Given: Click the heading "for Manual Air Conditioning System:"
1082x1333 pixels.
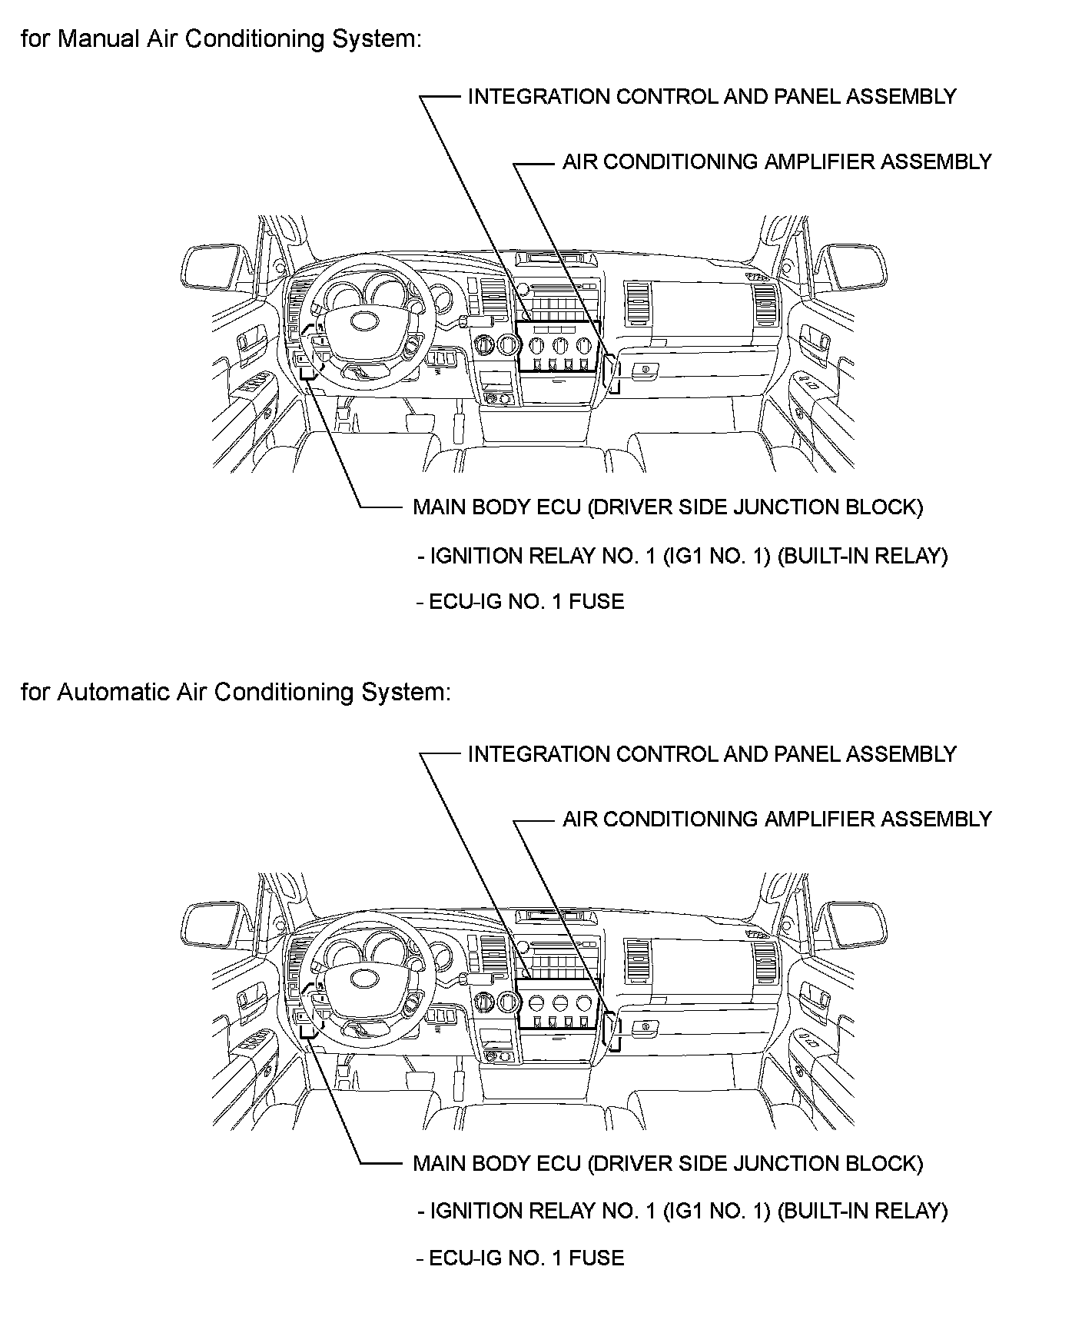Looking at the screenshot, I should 221,38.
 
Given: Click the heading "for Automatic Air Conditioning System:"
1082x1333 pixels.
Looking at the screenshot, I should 235,692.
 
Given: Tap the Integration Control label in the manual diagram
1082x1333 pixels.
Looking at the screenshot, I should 712,97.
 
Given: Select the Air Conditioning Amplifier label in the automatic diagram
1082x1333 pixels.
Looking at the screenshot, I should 777,819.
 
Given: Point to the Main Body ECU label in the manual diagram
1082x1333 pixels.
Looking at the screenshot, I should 667,507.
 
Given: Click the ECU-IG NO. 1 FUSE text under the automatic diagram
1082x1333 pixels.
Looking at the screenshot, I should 526,1258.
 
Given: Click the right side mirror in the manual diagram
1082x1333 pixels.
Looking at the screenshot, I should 856,268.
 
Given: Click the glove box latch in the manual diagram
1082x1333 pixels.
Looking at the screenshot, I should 644,370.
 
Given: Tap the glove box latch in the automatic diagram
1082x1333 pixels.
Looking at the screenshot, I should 644,1026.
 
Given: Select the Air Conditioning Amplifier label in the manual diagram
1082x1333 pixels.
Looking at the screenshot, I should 777,162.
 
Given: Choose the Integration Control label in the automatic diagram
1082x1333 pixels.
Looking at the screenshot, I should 712,754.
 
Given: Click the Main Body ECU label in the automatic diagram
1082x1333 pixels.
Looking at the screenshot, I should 667,1164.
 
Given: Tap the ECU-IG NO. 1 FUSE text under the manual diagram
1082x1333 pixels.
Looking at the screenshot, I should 526,601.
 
